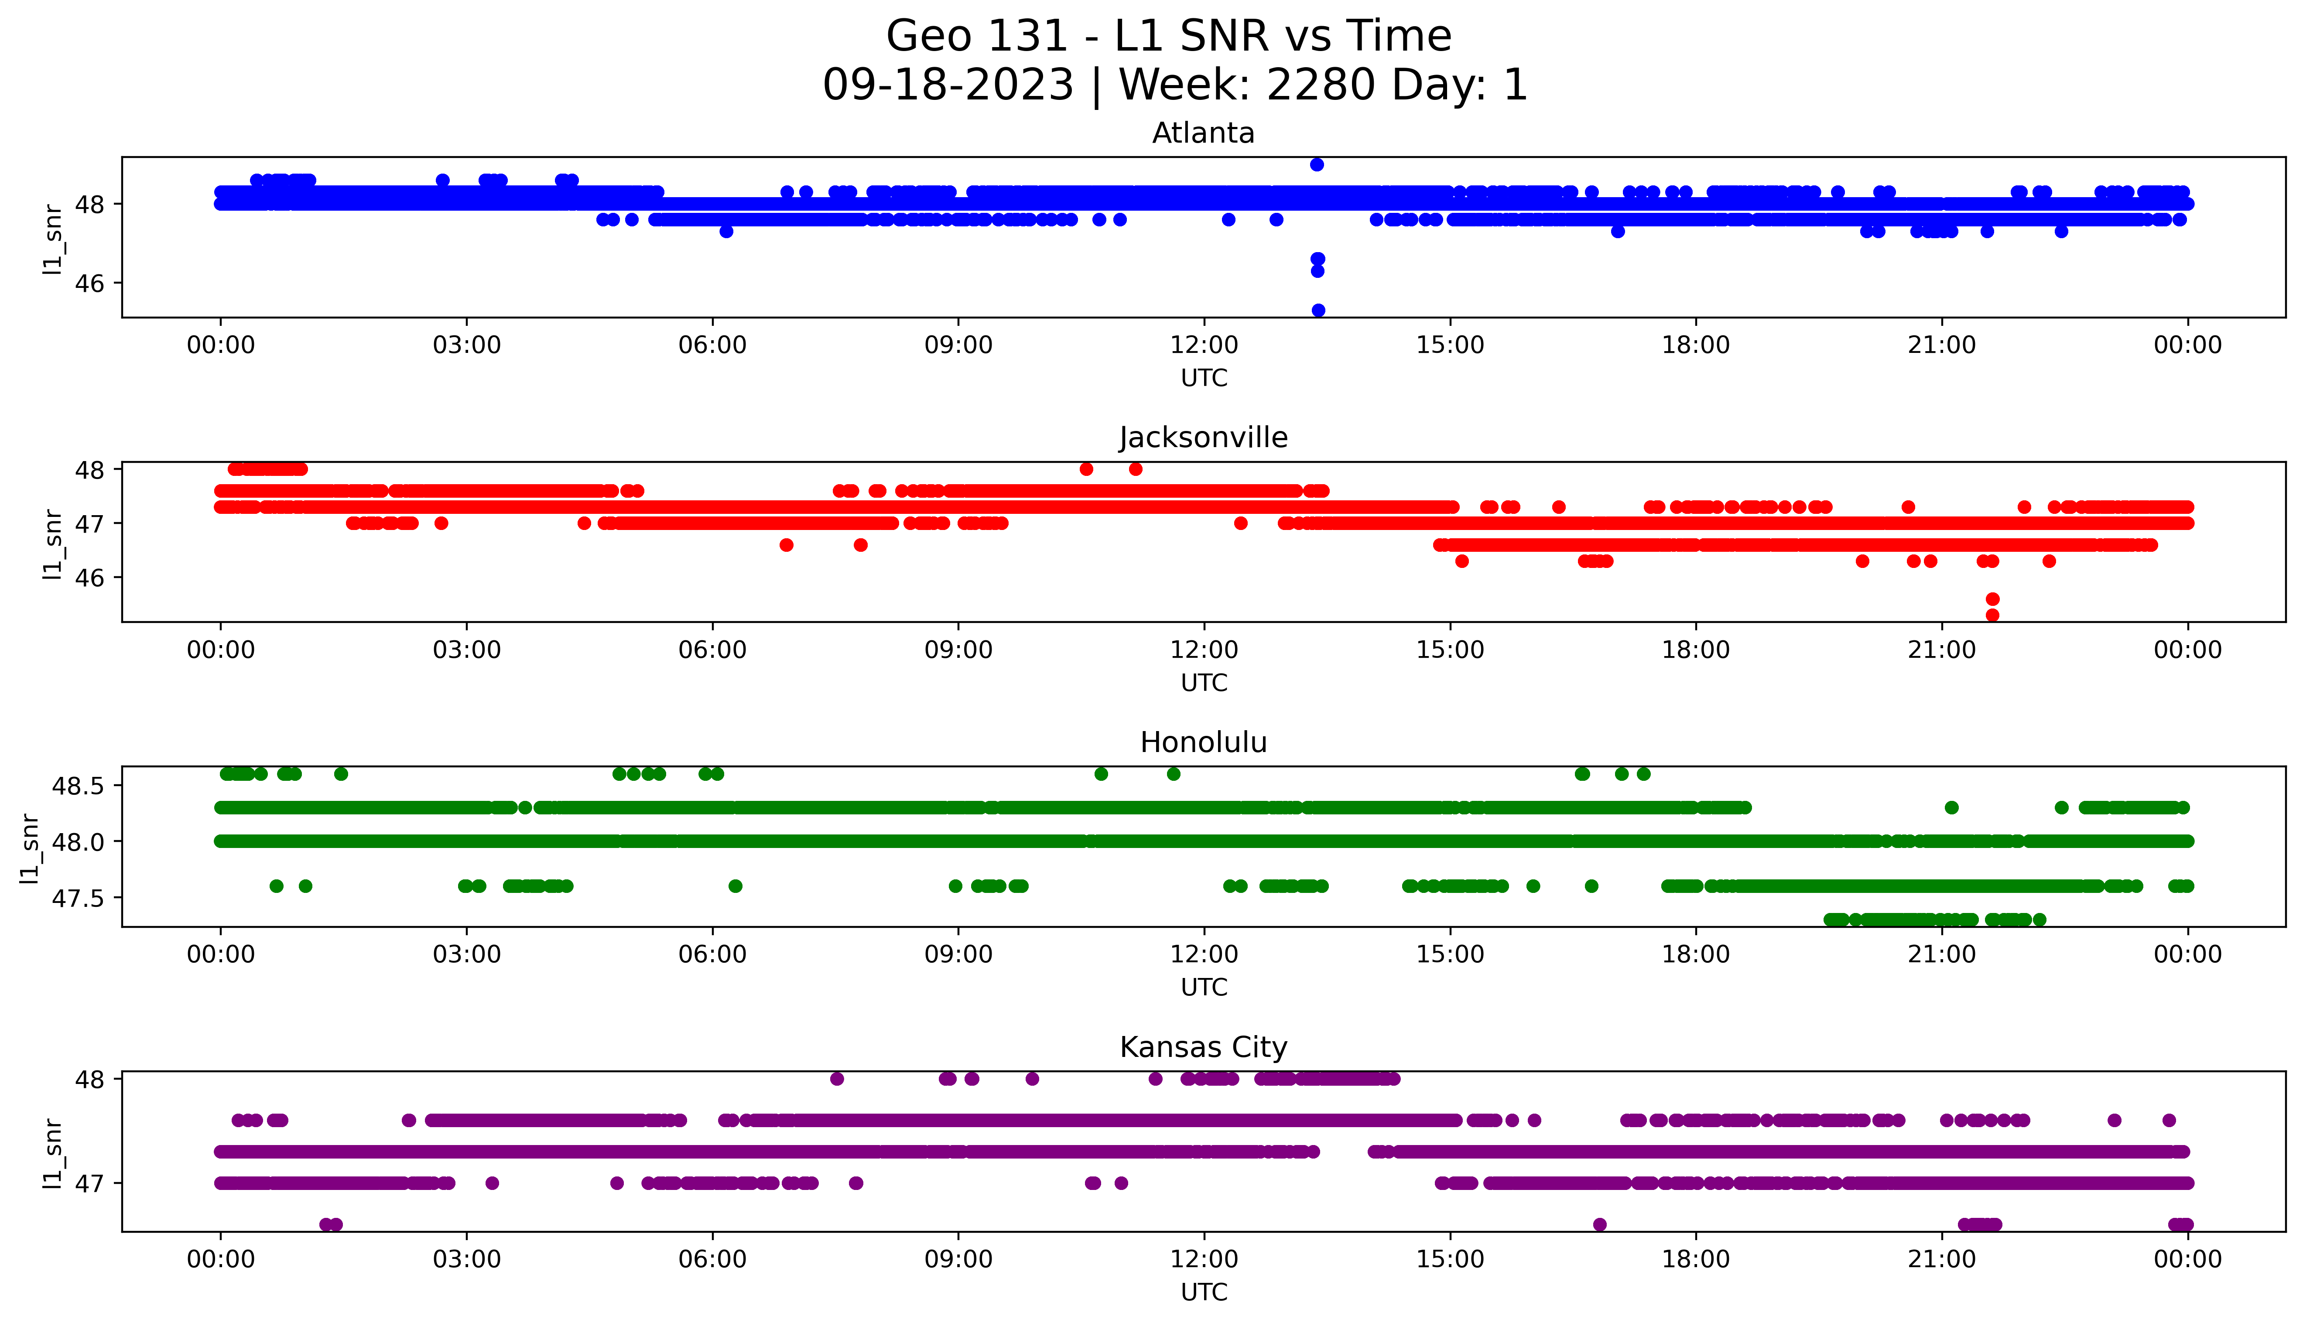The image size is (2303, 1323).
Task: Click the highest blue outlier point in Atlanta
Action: coord(1316,164)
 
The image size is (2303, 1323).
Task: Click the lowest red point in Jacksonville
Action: coord(1992,615)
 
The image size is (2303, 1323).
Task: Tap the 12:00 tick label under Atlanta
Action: coord(1204,345)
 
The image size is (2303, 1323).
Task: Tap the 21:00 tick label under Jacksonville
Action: coord(1941,650)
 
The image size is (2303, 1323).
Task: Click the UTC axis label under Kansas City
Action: coord(1204,1292)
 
